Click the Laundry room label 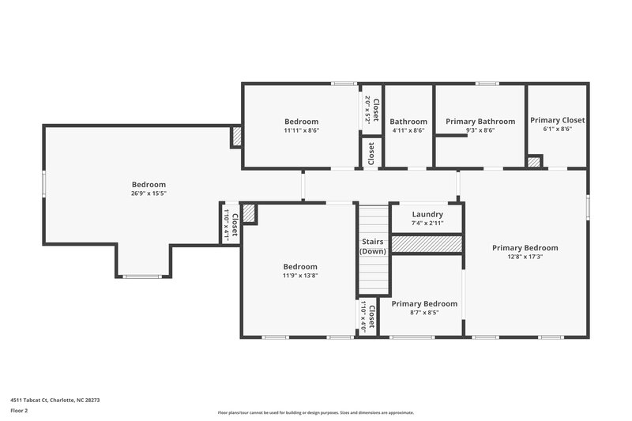click(x=427, y=214)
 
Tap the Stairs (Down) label click(x=372, y=246)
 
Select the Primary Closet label click(x=557, y=121)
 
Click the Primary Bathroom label click(x=480, y=122)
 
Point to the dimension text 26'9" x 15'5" click(x=149, y=193)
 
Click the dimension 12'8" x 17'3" click(x=525, y=256)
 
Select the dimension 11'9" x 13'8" click(x=300, y=276)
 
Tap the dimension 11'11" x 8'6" click(x=301, y=130)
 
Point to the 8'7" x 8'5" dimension click(x=424, y=313)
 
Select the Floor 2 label click(x=20, y=411)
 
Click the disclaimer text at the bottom click(x=315, y=412)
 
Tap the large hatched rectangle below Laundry click(x=427, y=244)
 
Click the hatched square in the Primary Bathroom click(x=535, y=162)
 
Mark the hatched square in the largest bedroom click(x=236, y=137)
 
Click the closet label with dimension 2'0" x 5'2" click(x=371, y=110)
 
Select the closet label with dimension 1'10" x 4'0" click(x=367, y=315)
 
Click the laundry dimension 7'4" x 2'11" click(x=427, y=224)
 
